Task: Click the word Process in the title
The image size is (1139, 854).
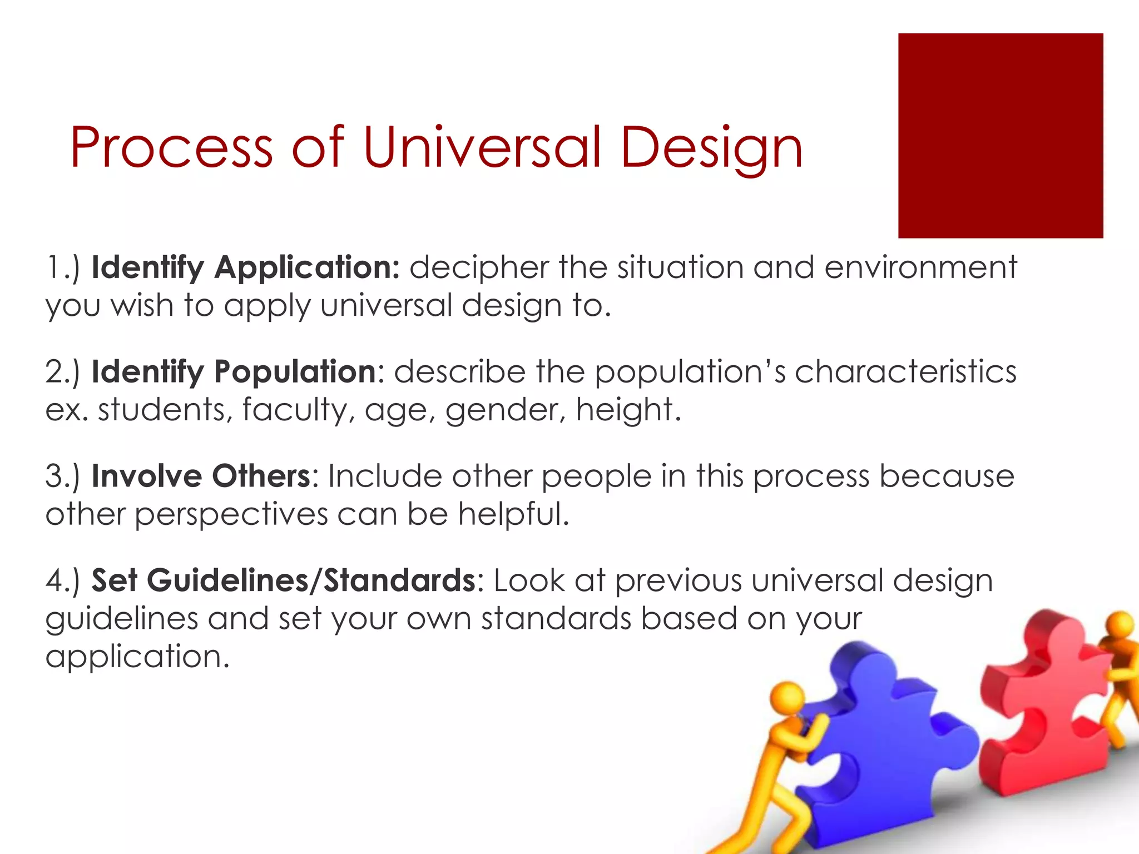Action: (171, 147)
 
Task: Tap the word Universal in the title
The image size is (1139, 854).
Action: (482, 147)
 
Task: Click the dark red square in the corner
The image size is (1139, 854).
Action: (1000, 136)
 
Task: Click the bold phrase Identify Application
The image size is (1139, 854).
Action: (245, 268)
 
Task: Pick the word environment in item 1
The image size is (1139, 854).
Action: (920, 268)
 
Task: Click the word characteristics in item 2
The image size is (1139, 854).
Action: (905, 372)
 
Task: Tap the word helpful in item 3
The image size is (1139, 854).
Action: (513, 514)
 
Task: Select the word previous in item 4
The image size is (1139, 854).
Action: (678, 582)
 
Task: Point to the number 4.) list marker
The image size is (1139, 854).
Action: (63, 580)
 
